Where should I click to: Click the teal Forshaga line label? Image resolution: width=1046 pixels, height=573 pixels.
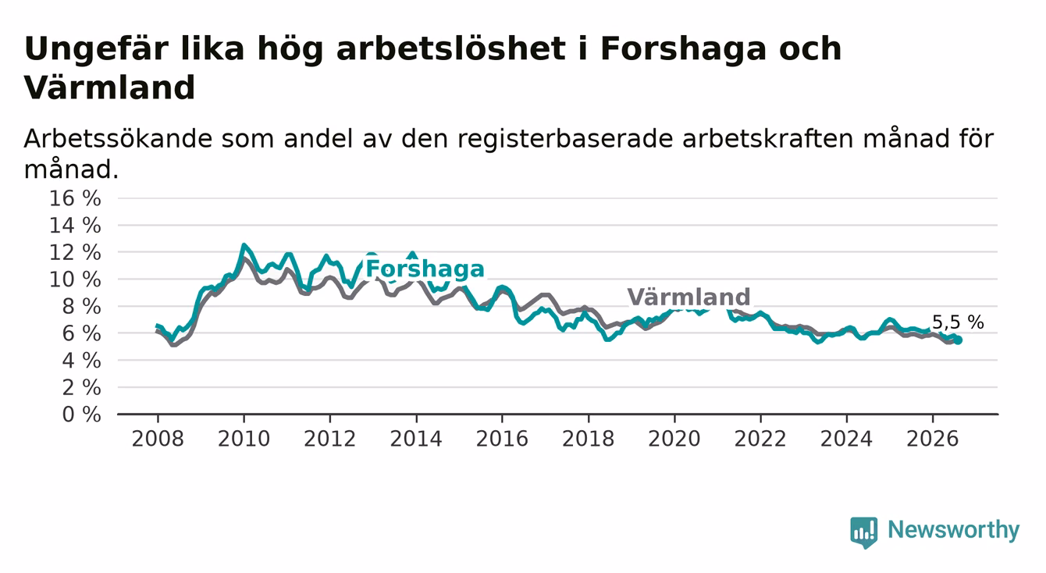425,269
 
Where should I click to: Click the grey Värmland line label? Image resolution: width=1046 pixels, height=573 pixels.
688,297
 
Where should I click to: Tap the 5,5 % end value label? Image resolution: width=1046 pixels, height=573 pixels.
958,322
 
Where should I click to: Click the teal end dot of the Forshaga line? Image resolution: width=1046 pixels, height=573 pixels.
958,340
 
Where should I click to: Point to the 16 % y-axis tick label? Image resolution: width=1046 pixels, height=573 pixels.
75,198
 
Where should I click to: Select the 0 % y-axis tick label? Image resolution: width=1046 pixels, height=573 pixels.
82,415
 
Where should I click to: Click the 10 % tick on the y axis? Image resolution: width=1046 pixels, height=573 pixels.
75,279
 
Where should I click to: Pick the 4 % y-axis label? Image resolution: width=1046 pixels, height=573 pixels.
82,361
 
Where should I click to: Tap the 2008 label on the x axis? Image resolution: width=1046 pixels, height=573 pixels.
158,439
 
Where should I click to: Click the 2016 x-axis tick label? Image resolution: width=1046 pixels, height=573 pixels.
502,439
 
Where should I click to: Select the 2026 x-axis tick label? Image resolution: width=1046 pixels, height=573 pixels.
933,439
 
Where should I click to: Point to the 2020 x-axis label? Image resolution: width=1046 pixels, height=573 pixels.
674,439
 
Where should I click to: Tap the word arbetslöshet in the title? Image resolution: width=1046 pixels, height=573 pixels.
451,48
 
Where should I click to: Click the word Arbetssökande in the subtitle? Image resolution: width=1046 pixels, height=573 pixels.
118,139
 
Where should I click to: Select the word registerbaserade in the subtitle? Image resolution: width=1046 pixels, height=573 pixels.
565,139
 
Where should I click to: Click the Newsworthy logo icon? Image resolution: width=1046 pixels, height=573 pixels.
864,532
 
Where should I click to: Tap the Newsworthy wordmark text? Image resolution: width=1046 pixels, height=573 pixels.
954,530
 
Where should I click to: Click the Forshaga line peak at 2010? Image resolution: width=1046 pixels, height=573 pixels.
244,244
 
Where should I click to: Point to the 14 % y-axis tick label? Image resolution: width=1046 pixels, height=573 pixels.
75,226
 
